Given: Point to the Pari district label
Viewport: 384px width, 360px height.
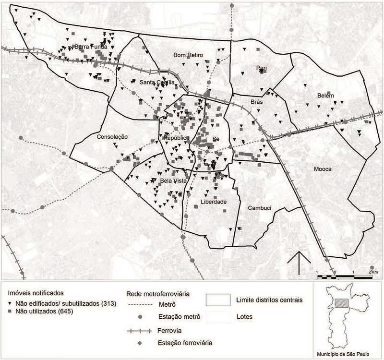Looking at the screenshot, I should click(x=262, y=68).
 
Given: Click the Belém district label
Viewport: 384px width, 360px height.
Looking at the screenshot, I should click(x=325, y=96).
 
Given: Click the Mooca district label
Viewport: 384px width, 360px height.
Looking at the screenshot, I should click(x=323, y=169).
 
